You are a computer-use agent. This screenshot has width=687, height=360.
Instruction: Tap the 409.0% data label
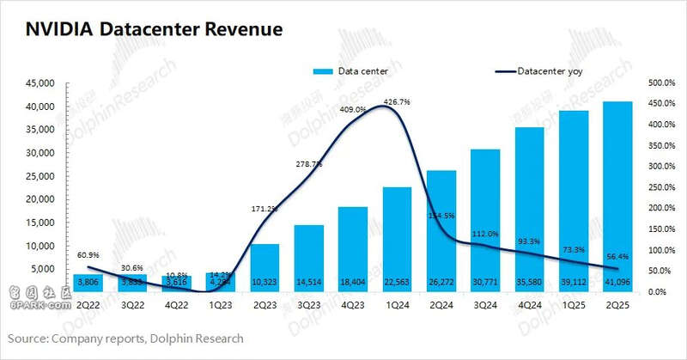[x=353, y=110]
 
